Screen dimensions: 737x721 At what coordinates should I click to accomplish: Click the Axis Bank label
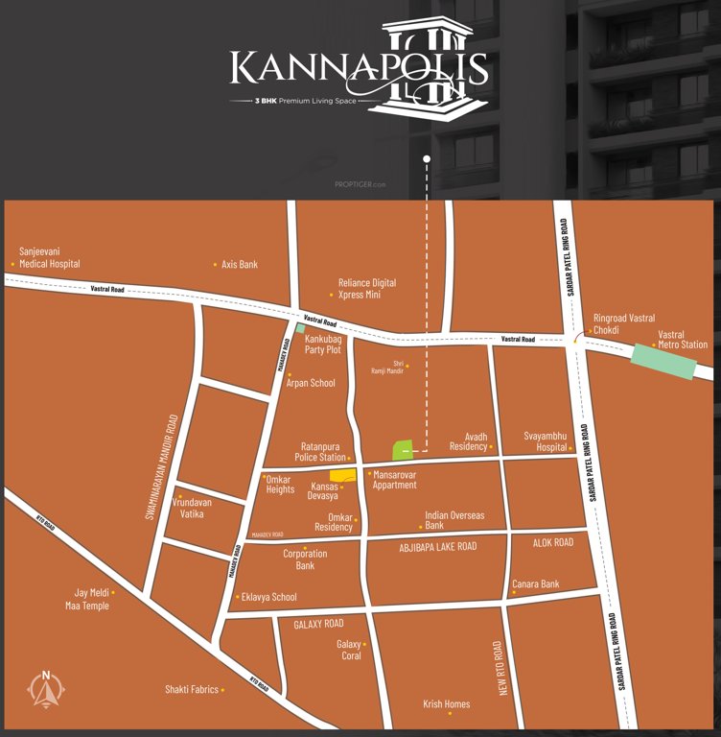pos(239,264)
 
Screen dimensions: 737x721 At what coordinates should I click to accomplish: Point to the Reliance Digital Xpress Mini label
pos(366,289)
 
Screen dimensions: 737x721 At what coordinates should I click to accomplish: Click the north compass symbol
pos(45,688)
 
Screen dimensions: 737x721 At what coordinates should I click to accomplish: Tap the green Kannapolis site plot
pos(402,448)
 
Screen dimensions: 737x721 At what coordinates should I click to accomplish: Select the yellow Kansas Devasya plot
pos(342,475)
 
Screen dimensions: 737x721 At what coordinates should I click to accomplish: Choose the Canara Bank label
pos(536,583)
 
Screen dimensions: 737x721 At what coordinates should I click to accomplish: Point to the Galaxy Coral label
pos(349,650)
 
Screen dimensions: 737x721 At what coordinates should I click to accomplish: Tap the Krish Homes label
pos(447,704)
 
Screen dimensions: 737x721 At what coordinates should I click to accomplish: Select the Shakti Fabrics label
pos(193,689)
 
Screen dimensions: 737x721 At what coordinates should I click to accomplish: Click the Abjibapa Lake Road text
pos(437,546)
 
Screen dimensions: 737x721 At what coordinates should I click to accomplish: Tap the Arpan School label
pos(311,383)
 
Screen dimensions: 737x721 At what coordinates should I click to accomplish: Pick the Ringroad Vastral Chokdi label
pos(624,323)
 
